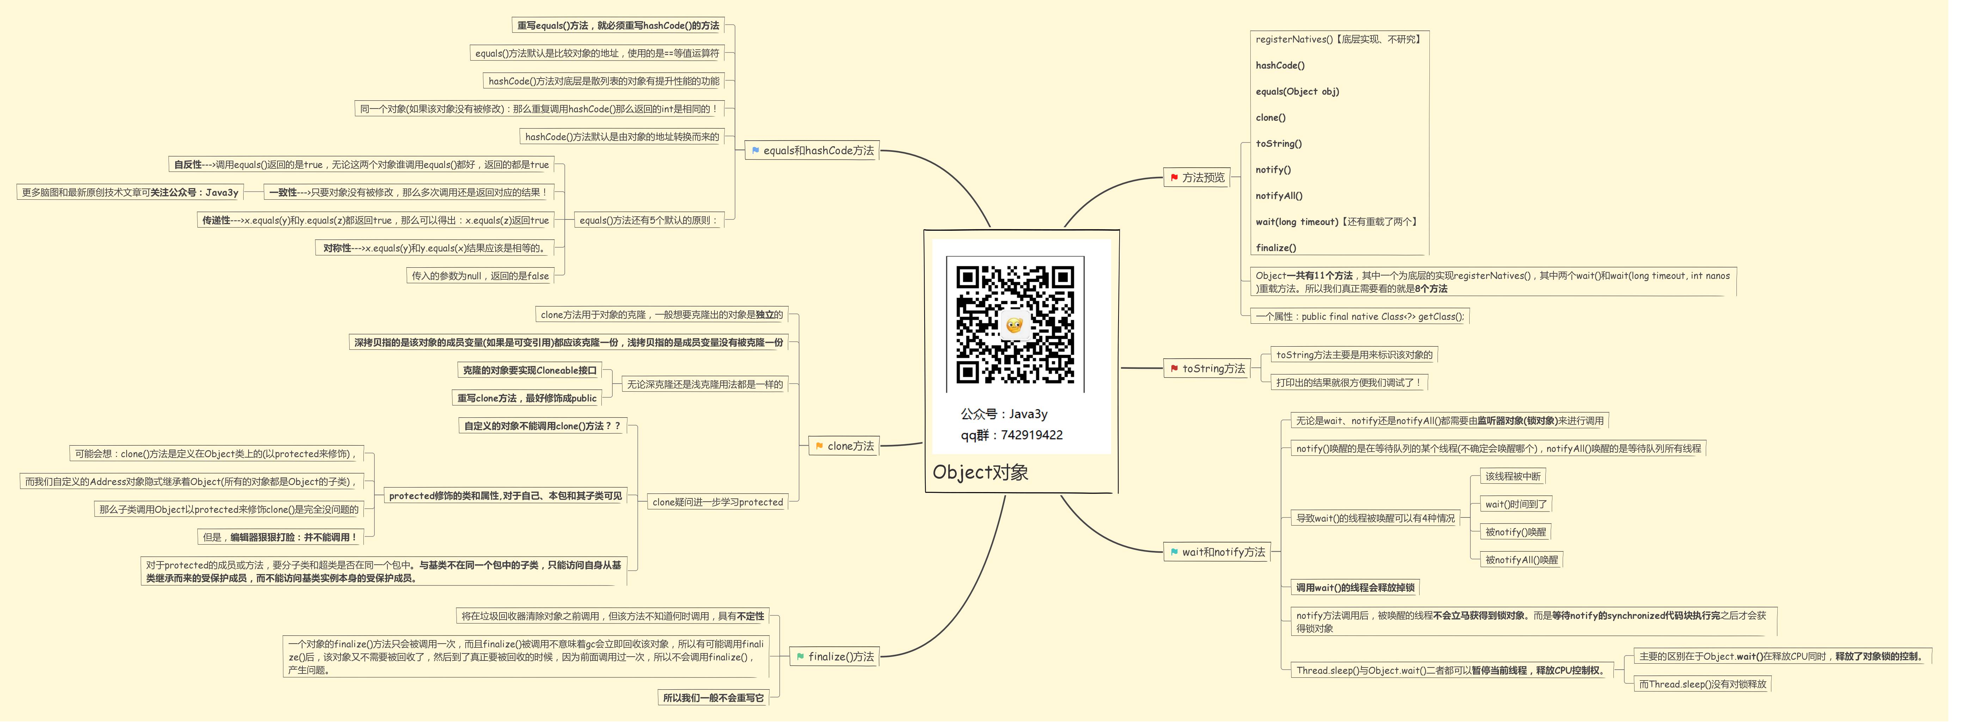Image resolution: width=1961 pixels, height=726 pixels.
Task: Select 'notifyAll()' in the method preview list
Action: (x=1279, y=196)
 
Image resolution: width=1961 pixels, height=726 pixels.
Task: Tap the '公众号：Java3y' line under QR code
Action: (x=1003, y=414)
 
